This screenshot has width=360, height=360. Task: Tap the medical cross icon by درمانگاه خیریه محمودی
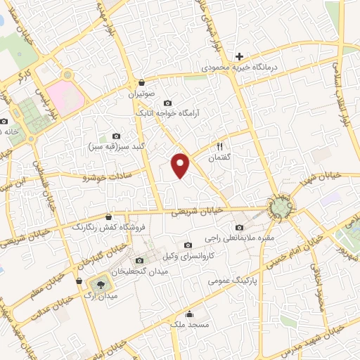tap(239, 56)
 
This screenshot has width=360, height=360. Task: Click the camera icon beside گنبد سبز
tap(116, 136)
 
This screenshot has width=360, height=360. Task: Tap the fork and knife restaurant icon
tap(219, 147)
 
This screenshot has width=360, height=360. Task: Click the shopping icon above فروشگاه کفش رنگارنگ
tap(108, 217)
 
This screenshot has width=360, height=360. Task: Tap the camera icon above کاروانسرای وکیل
tap(187, 245)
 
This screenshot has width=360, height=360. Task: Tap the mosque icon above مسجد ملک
tap(189, 314)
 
